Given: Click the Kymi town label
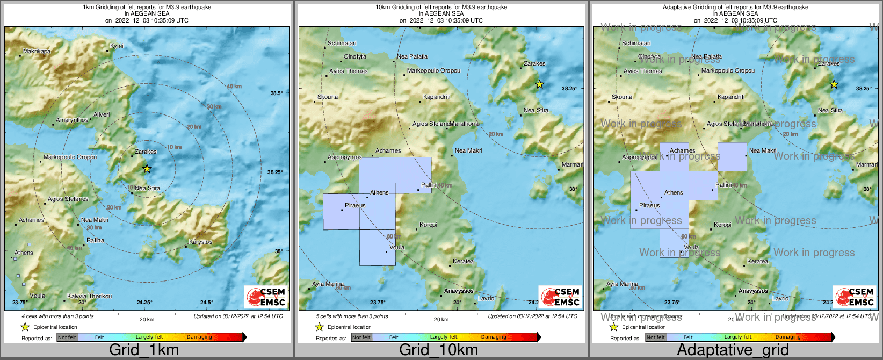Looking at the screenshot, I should pos(117,46).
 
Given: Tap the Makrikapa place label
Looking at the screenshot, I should pos(37,52).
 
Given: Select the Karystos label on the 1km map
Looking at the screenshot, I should pos(201,242).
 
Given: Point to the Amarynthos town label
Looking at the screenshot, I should pos(72,120).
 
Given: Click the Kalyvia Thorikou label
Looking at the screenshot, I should pos(89,296).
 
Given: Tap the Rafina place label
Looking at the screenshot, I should pos(96,240).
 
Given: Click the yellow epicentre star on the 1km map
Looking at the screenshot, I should pos(147,169).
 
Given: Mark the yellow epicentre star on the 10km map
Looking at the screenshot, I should pos(539,84).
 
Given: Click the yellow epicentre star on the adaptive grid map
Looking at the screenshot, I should pos(834,84).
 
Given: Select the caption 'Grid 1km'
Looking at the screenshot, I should pos(144,350).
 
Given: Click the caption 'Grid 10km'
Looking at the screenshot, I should pos(438,350).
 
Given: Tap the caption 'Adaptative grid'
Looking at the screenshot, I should pos(733,350).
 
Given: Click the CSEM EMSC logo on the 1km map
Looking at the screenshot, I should pos(265,297).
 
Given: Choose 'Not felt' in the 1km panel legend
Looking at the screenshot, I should pos(67,337).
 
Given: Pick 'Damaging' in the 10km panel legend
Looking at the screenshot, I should pos(493,337).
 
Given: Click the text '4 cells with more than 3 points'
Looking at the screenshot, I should pos(57,316).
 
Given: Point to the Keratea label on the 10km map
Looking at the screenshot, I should pos(463,262).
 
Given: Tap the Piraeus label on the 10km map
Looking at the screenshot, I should pos(355,205).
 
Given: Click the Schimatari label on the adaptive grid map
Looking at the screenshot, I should pos(636,43).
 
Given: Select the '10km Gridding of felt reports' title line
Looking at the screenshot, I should pos(441,8).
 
